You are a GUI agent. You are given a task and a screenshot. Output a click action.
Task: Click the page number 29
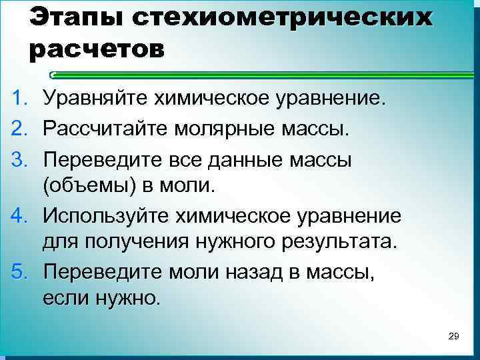point(454,335)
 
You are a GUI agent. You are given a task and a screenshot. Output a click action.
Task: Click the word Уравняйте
point(97,100)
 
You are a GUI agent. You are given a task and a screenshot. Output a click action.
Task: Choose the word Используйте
point(106,216)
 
